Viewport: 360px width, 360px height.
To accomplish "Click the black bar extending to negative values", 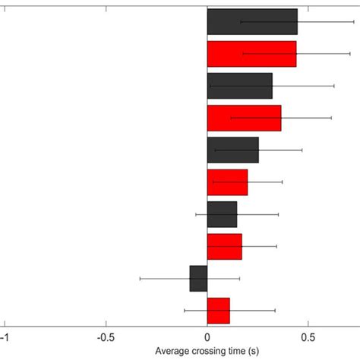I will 198,279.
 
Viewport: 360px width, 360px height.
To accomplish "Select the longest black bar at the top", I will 252,22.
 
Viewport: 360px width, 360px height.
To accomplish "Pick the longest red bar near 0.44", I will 251,54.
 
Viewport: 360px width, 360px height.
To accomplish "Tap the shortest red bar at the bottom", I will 218,311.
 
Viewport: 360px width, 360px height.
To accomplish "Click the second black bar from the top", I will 239,86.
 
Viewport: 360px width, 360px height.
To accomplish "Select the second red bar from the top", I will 244,118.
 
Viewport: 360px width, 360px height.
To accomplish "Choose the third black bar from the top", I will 232,150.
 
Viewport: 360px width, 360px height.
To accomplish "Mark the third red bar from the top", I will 227,182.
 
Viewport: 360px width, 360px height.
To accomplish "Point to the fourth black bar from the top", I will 222,214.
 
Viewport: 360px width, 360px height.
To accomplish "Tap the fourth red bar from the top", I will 224,246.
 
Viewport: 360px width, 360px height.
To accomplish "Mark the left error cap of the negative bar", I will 141,279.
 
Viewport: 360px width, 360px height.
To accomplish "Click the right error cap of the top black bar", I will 354,22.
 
